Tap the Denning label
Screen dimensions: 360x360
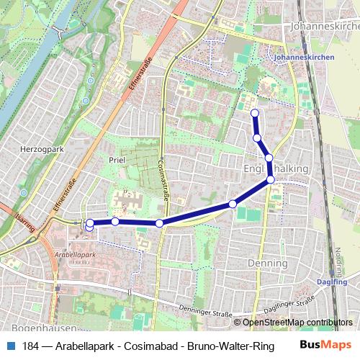pos(267,265)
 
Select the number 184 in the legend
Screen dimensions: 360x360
pos(30,346)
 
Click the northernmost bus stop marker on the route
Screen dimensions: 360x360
pos(254,112)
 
